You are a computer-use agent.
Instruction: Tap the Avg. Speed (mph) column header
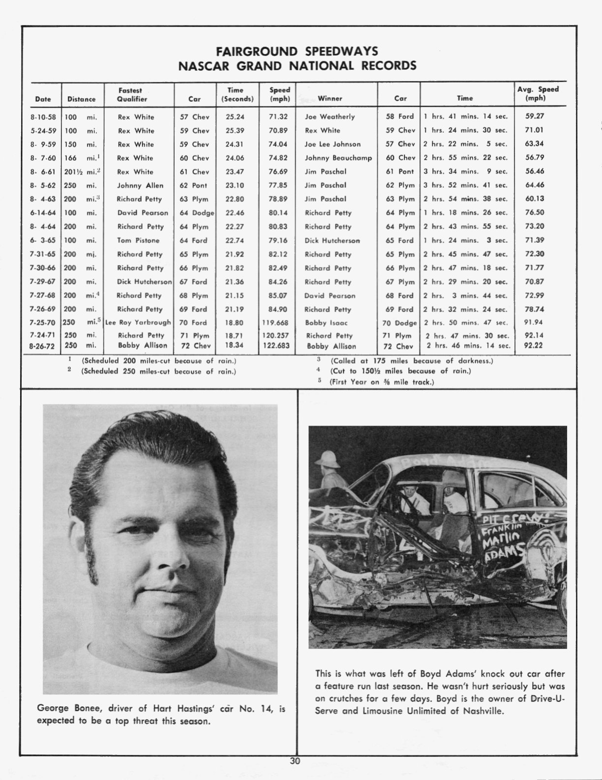[538, 93]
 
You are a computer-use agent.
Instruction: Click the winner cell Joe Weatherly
[330, 117]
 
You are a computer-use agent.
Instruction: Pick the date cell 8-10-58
[43, 117]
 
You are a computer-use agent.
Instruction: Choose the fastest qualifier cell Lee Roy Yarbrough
[138, 322]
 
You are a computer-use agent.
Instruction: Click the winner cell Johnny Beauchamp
[338, 158]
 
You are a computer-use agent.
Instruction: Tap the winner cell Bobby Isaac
[326, 323]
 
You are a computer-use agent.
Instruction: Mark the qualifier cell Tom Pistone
[138, 240]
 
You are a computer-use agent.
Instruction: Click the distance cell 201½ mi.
[81, 172]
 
